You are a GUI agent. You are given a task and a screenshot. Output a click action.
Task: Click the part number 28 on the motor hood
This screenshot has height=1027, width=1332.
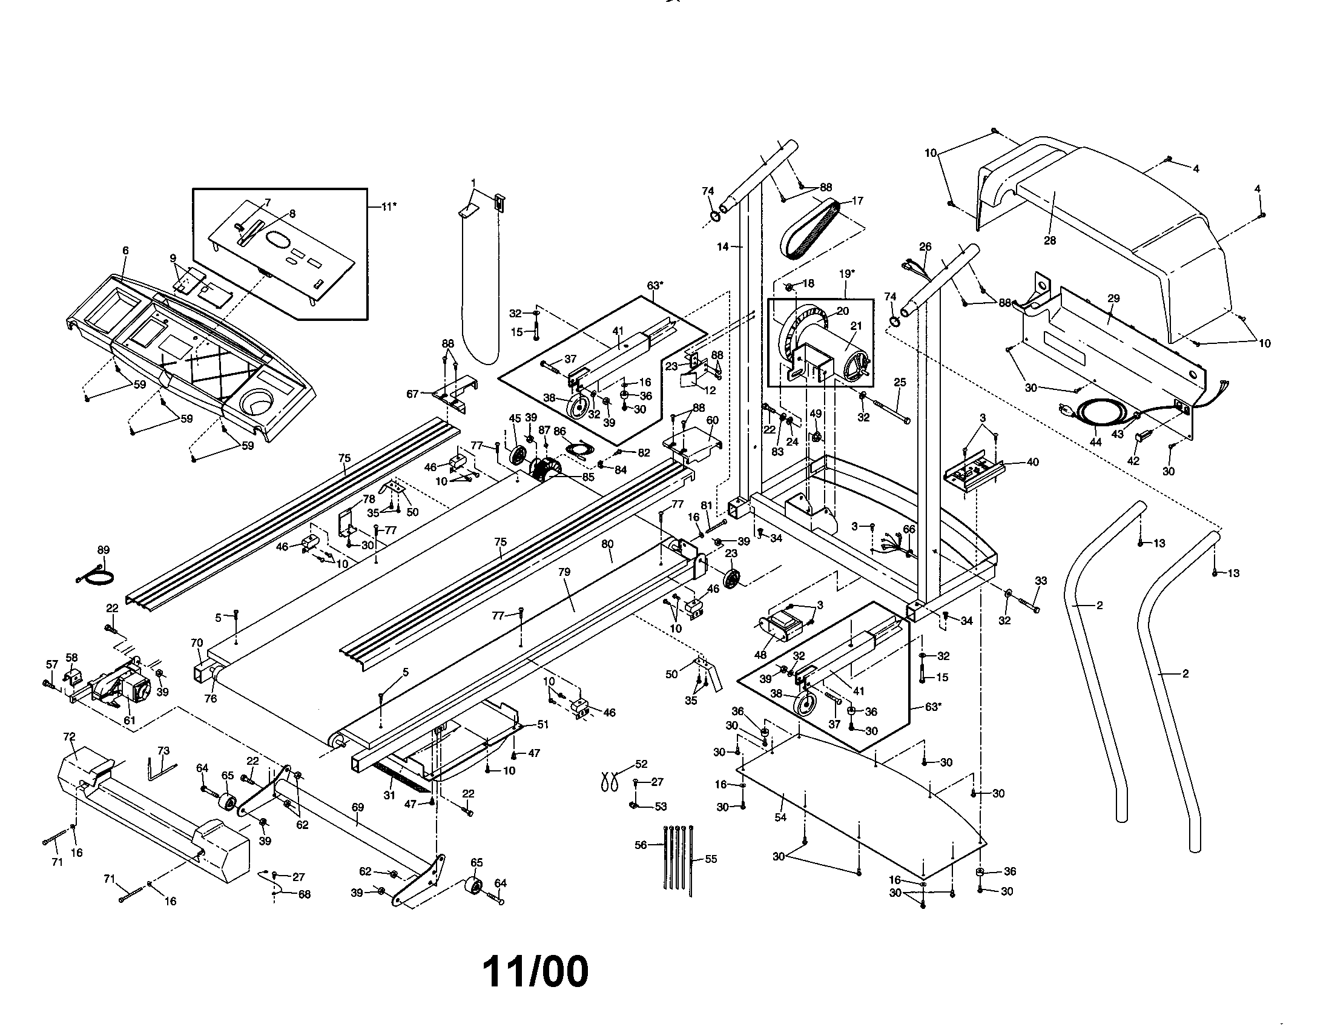tap(1049, 240)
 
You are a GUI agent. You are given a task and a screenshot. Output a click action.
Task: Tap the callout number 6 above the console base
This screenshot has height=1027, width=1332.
tap(126, 251)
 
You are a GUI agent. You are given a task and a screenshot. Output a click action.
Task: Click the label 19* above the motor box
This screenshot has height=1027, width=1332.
tap(847, 274)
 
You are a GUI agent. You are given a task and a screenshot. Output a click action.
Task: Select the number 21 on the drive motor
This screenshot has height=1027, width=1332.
tap(856, 326)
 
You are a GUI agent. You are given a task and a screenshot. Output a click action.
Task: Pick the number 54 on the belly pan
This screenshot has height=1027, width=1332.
tap(780, 817)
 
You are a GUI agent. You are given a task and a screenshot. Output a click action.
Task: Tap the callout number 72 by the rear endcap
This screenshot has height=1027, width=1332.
tap(69, 738)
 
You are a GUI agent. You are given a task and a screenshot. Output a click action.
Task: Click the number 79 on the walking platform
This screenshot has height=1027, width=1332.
tap(564, 572)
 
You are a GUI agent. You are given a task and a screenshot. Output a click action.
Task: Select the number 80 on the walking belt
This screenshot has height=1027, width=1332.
tap(607, 543)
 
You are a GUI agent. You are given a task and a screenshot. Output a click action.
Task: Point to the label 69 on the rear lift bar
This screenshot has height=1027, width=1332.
tap(358, 807)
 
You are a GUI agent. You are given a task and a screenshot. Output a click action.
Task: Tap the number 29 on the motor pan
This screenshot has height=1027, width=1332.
tap(1113, 298)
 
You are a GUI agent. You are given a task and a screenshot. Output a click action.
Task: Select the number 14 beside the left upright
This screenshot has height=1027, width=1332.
tap(723, 247)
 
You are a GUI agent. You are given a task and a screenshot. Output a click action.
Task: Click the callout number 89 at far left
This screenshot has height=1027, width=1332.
tap(104, 550)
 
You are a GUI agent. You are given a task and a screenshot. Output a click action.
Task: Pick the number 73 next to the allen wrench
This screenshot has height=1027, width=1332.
tap(163, 751)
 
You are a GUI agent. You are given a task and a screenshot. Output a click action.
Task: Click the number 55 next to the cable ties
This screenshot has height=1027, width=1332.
tap(711, 859)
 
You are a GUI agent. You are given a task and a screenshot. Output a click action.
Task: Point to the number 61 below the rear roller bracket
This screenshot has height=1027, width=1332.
tap(130, 720)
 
